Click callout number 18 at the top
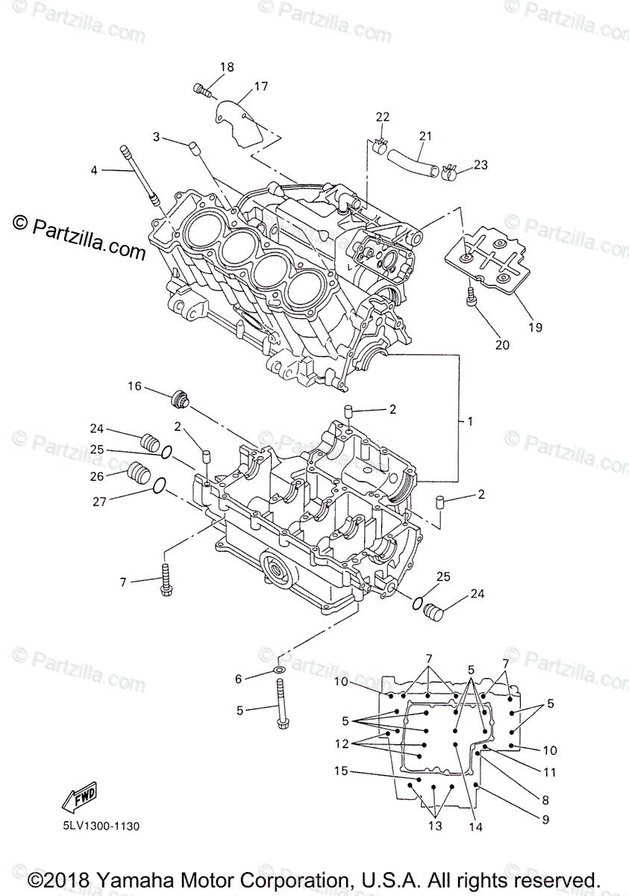point(227,67)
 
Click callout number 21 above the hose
point(425,136)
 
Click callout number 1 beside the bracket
point(470,422)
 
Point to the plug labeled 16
point(179,399)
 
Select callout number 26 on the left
point(98,476)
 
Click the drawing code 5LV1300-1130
point(96,827)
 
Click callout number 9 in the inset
point(545,819)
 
